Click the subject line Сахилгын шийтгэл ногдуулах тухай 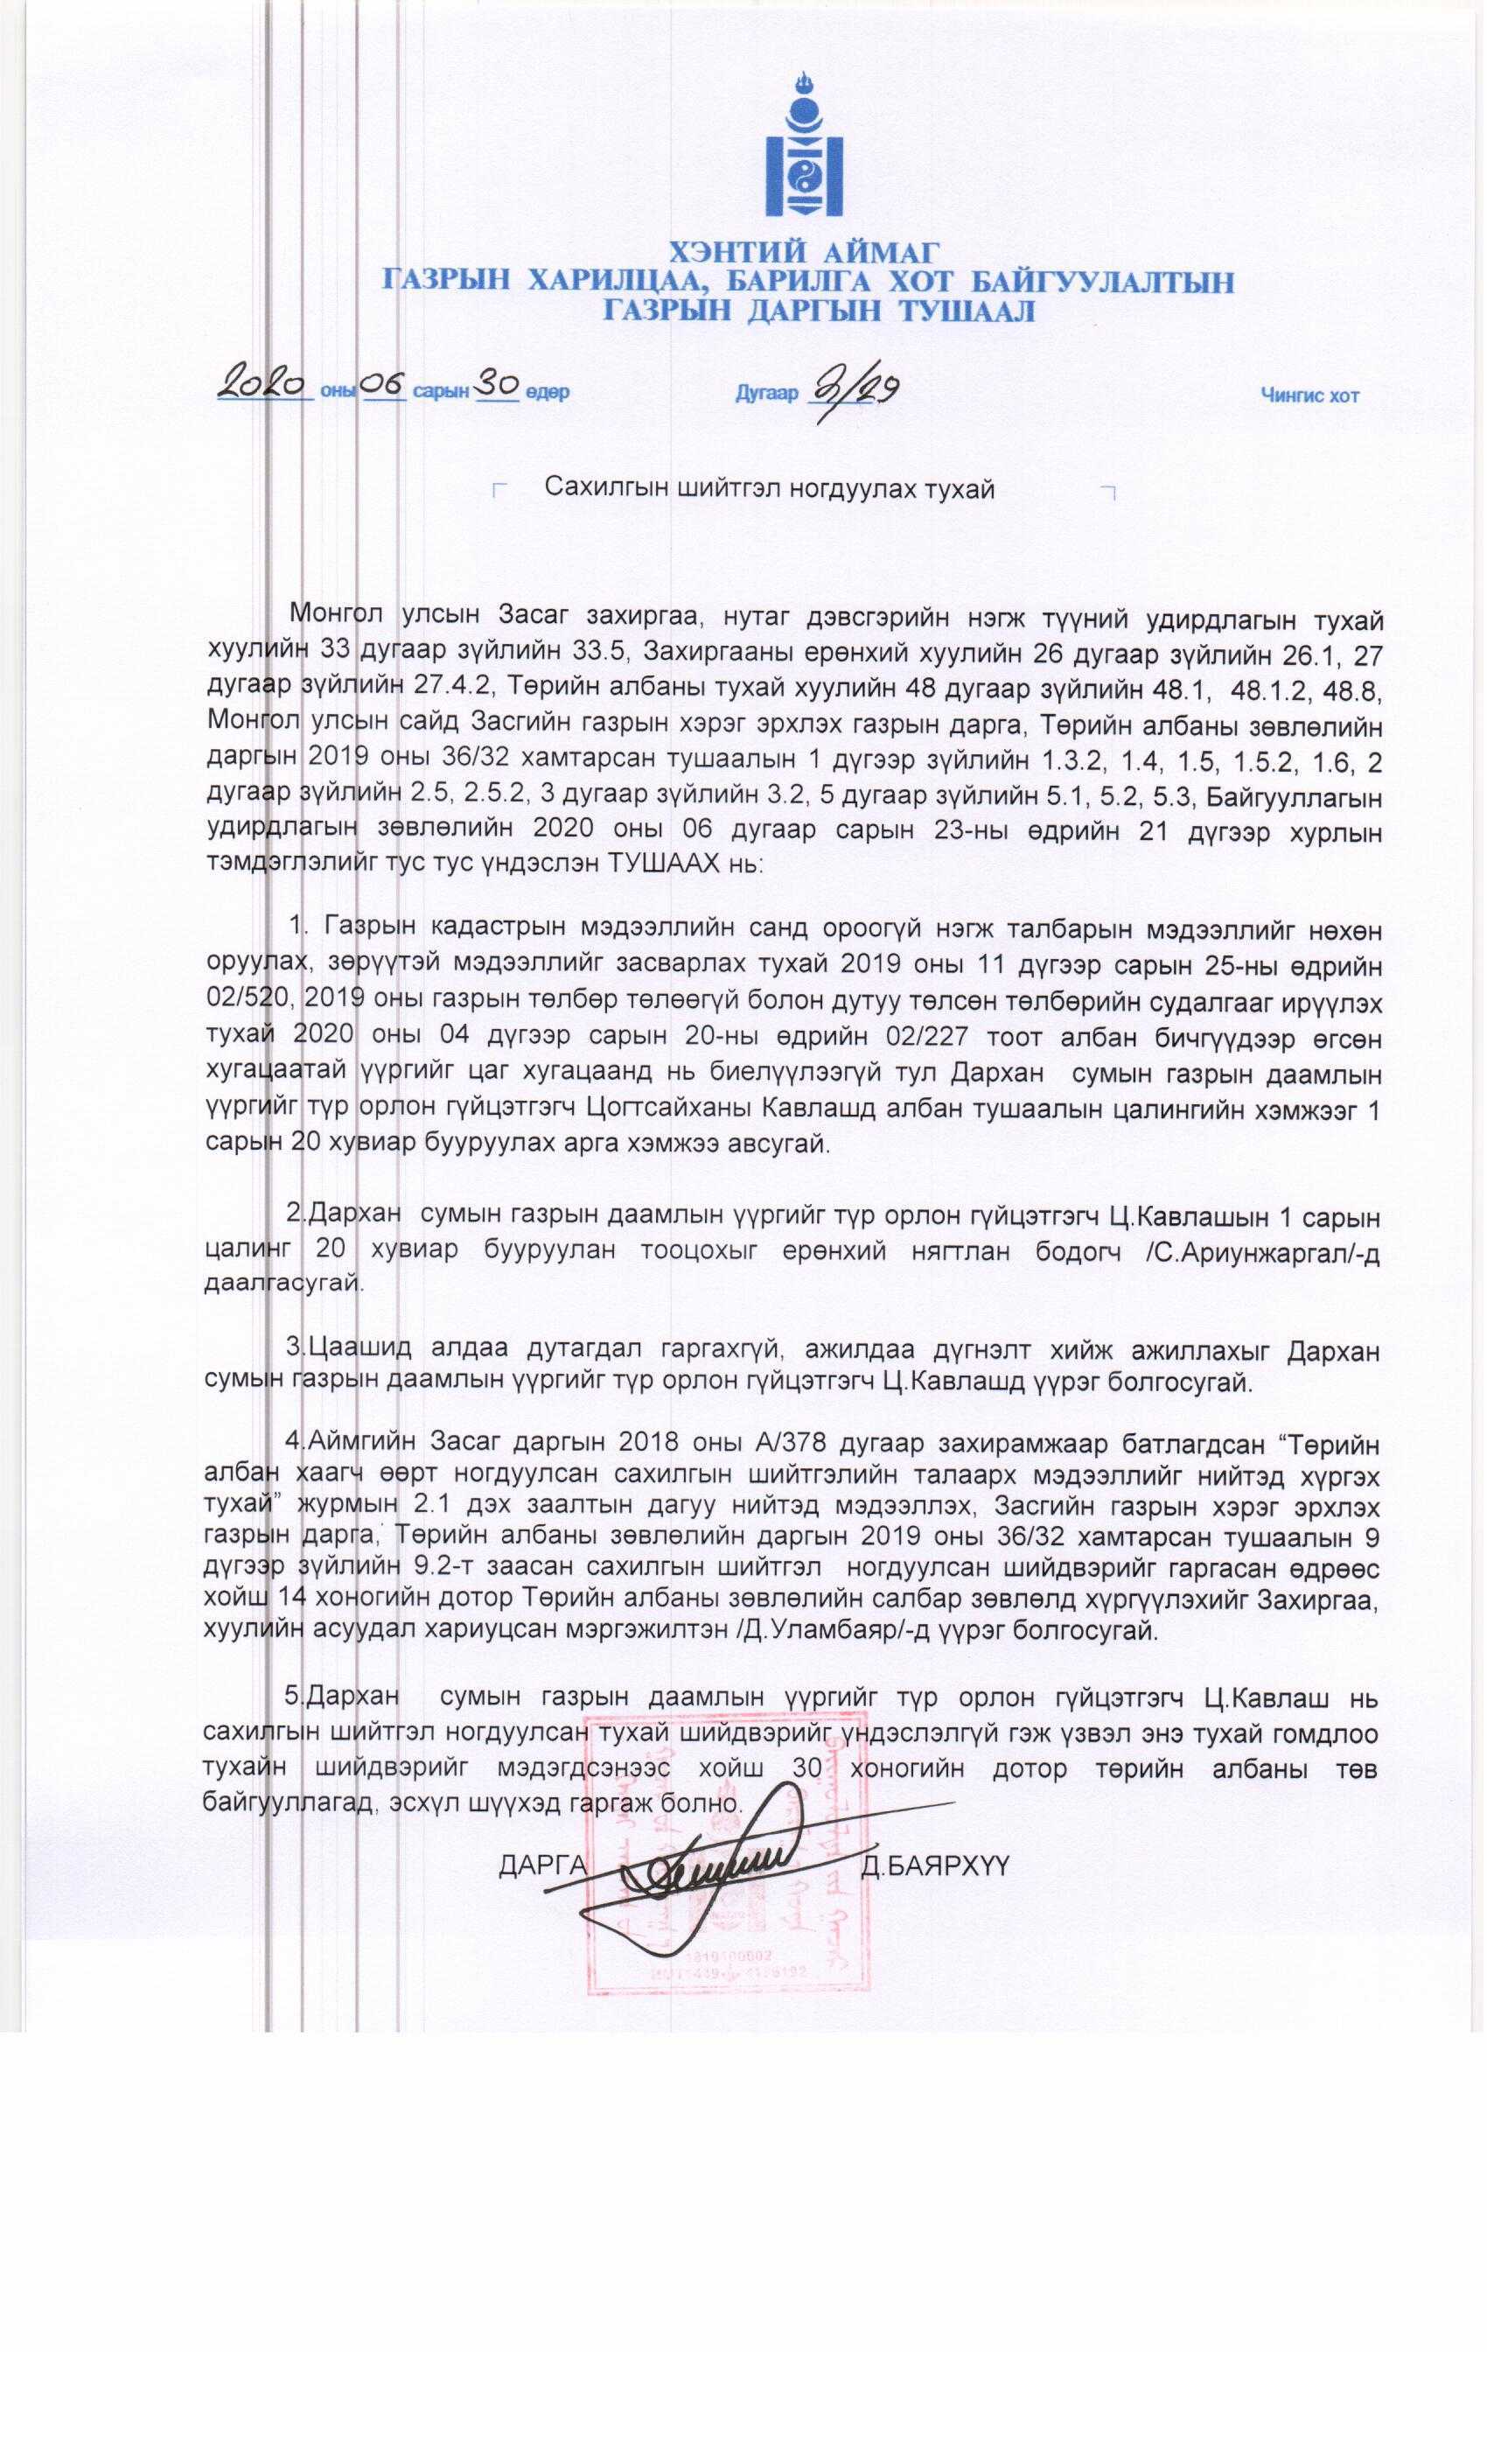click(771, 489)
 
